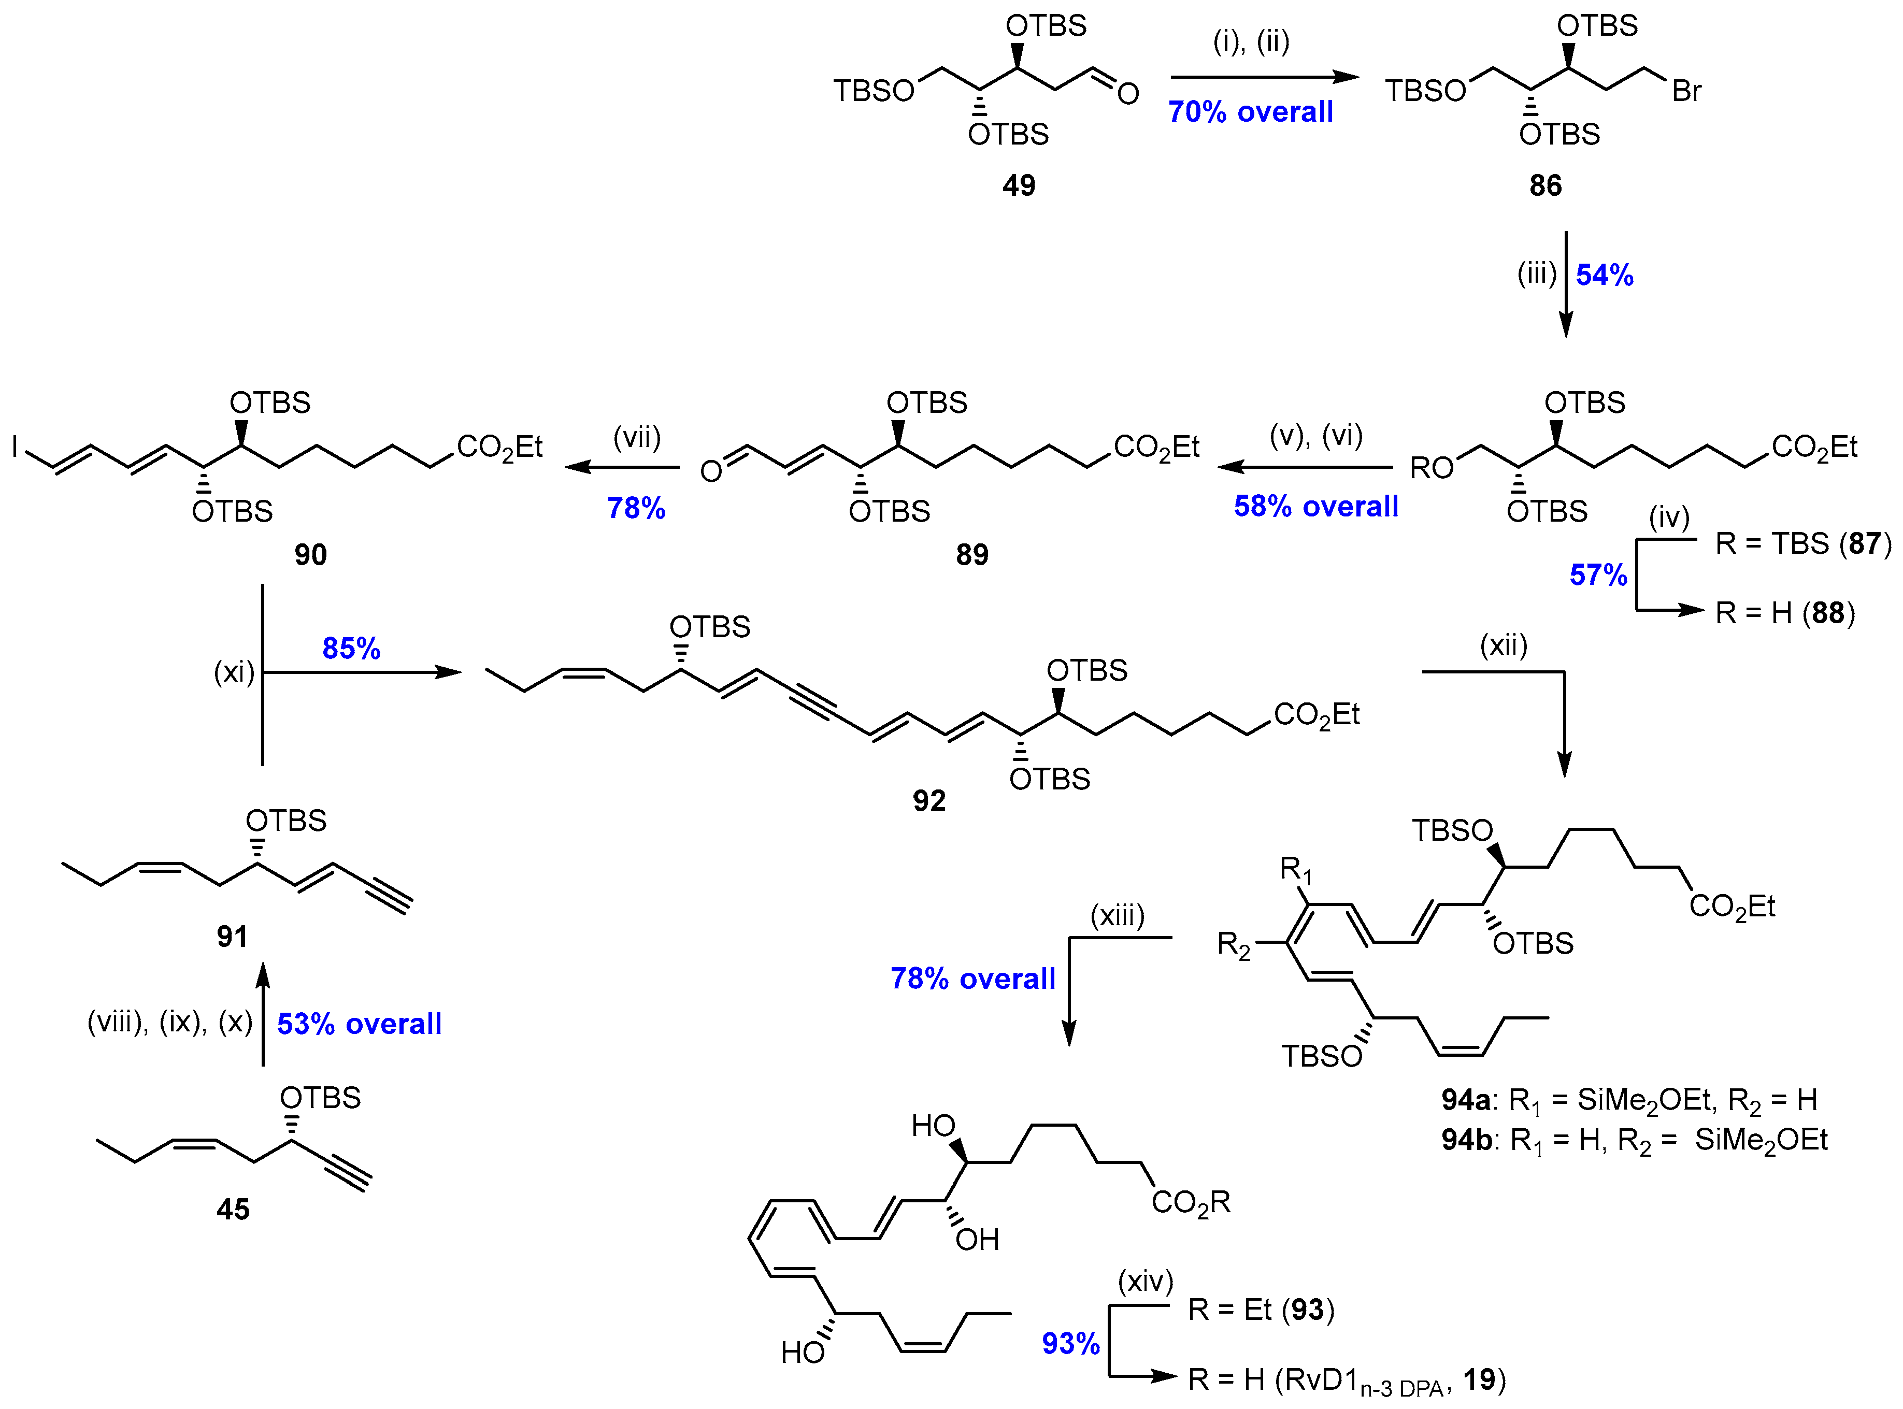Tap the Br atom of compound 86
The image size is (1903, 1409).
pyautogui.click(x=1686, y=91)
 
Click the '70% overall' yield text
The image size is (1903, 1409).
pyautogui.click(x=1251, y=112)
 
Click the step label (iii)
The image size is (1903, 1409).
pyautogui.click(x=1536, y=274)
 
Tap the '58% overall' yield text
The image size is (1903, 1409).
pyautogui.click(x=1315, y=507)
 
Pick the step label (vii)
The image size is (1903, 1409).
pyautogui.click(x=637, y=438)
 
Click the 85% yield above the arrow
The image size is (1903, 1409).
pyautogui.click(x=351, y=648)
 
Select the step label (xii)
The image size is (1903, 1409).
pyautogui.click(x=1503, y=645)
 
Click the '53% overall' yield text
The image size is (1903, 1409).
pyautogui.click(x=359, y=1024)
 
